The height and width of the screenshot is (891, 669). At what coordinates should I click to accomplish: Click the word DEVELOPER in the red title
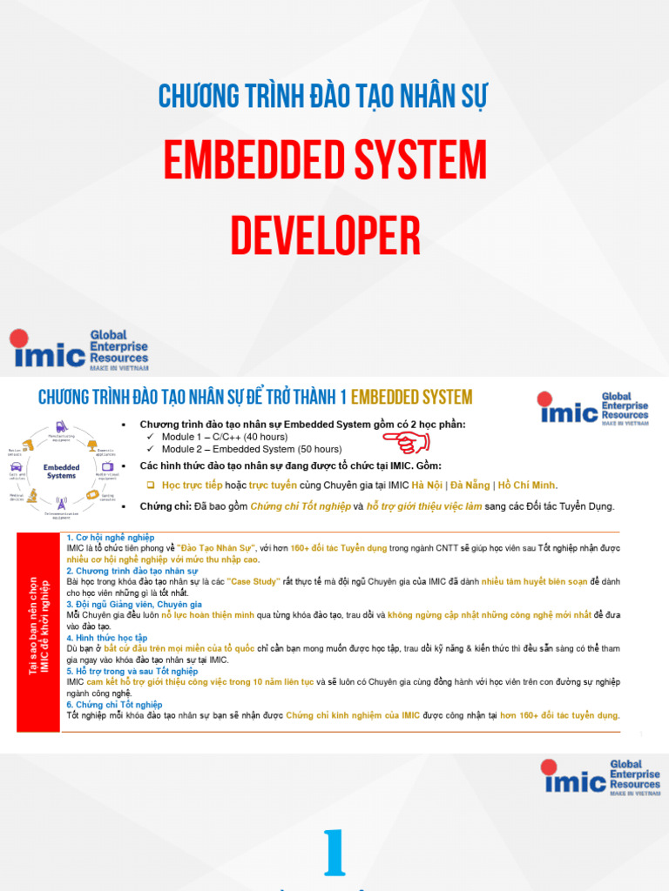click(325, 237)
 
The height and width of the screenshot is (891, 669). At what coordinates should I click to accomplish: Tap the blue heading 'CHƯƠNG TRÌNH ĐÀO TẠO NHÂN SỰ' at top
click(321, 96)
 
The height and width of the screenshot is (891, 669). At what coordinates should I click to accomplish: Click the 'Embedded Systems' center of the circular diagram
click(61, 471)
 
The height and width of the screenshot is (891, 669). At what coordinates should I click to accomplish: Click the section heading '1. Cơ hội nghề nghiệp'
click(110, 539)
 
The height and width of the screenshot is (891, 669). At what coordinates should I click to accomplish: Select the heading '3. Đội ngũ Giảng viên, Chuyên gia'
click(134, 604)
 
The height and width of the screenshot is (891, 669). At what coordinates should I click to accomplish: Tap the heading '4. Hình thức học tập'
click(106, 638)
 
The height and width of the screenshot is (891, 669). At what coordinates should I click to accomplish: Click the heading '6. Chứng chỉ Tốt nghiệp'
click(114, 704)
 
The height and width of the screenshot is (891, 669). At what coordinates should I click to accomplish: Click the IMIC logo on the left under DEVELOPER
click(79, 350)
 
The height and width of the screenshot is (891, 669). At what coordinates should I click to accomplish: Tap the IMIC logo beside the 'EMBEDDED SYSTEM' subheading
click(593, 406)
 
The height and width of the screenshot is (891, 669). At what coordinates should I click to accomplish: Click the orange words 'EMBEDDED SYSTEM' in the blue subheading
click(411, 398)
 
